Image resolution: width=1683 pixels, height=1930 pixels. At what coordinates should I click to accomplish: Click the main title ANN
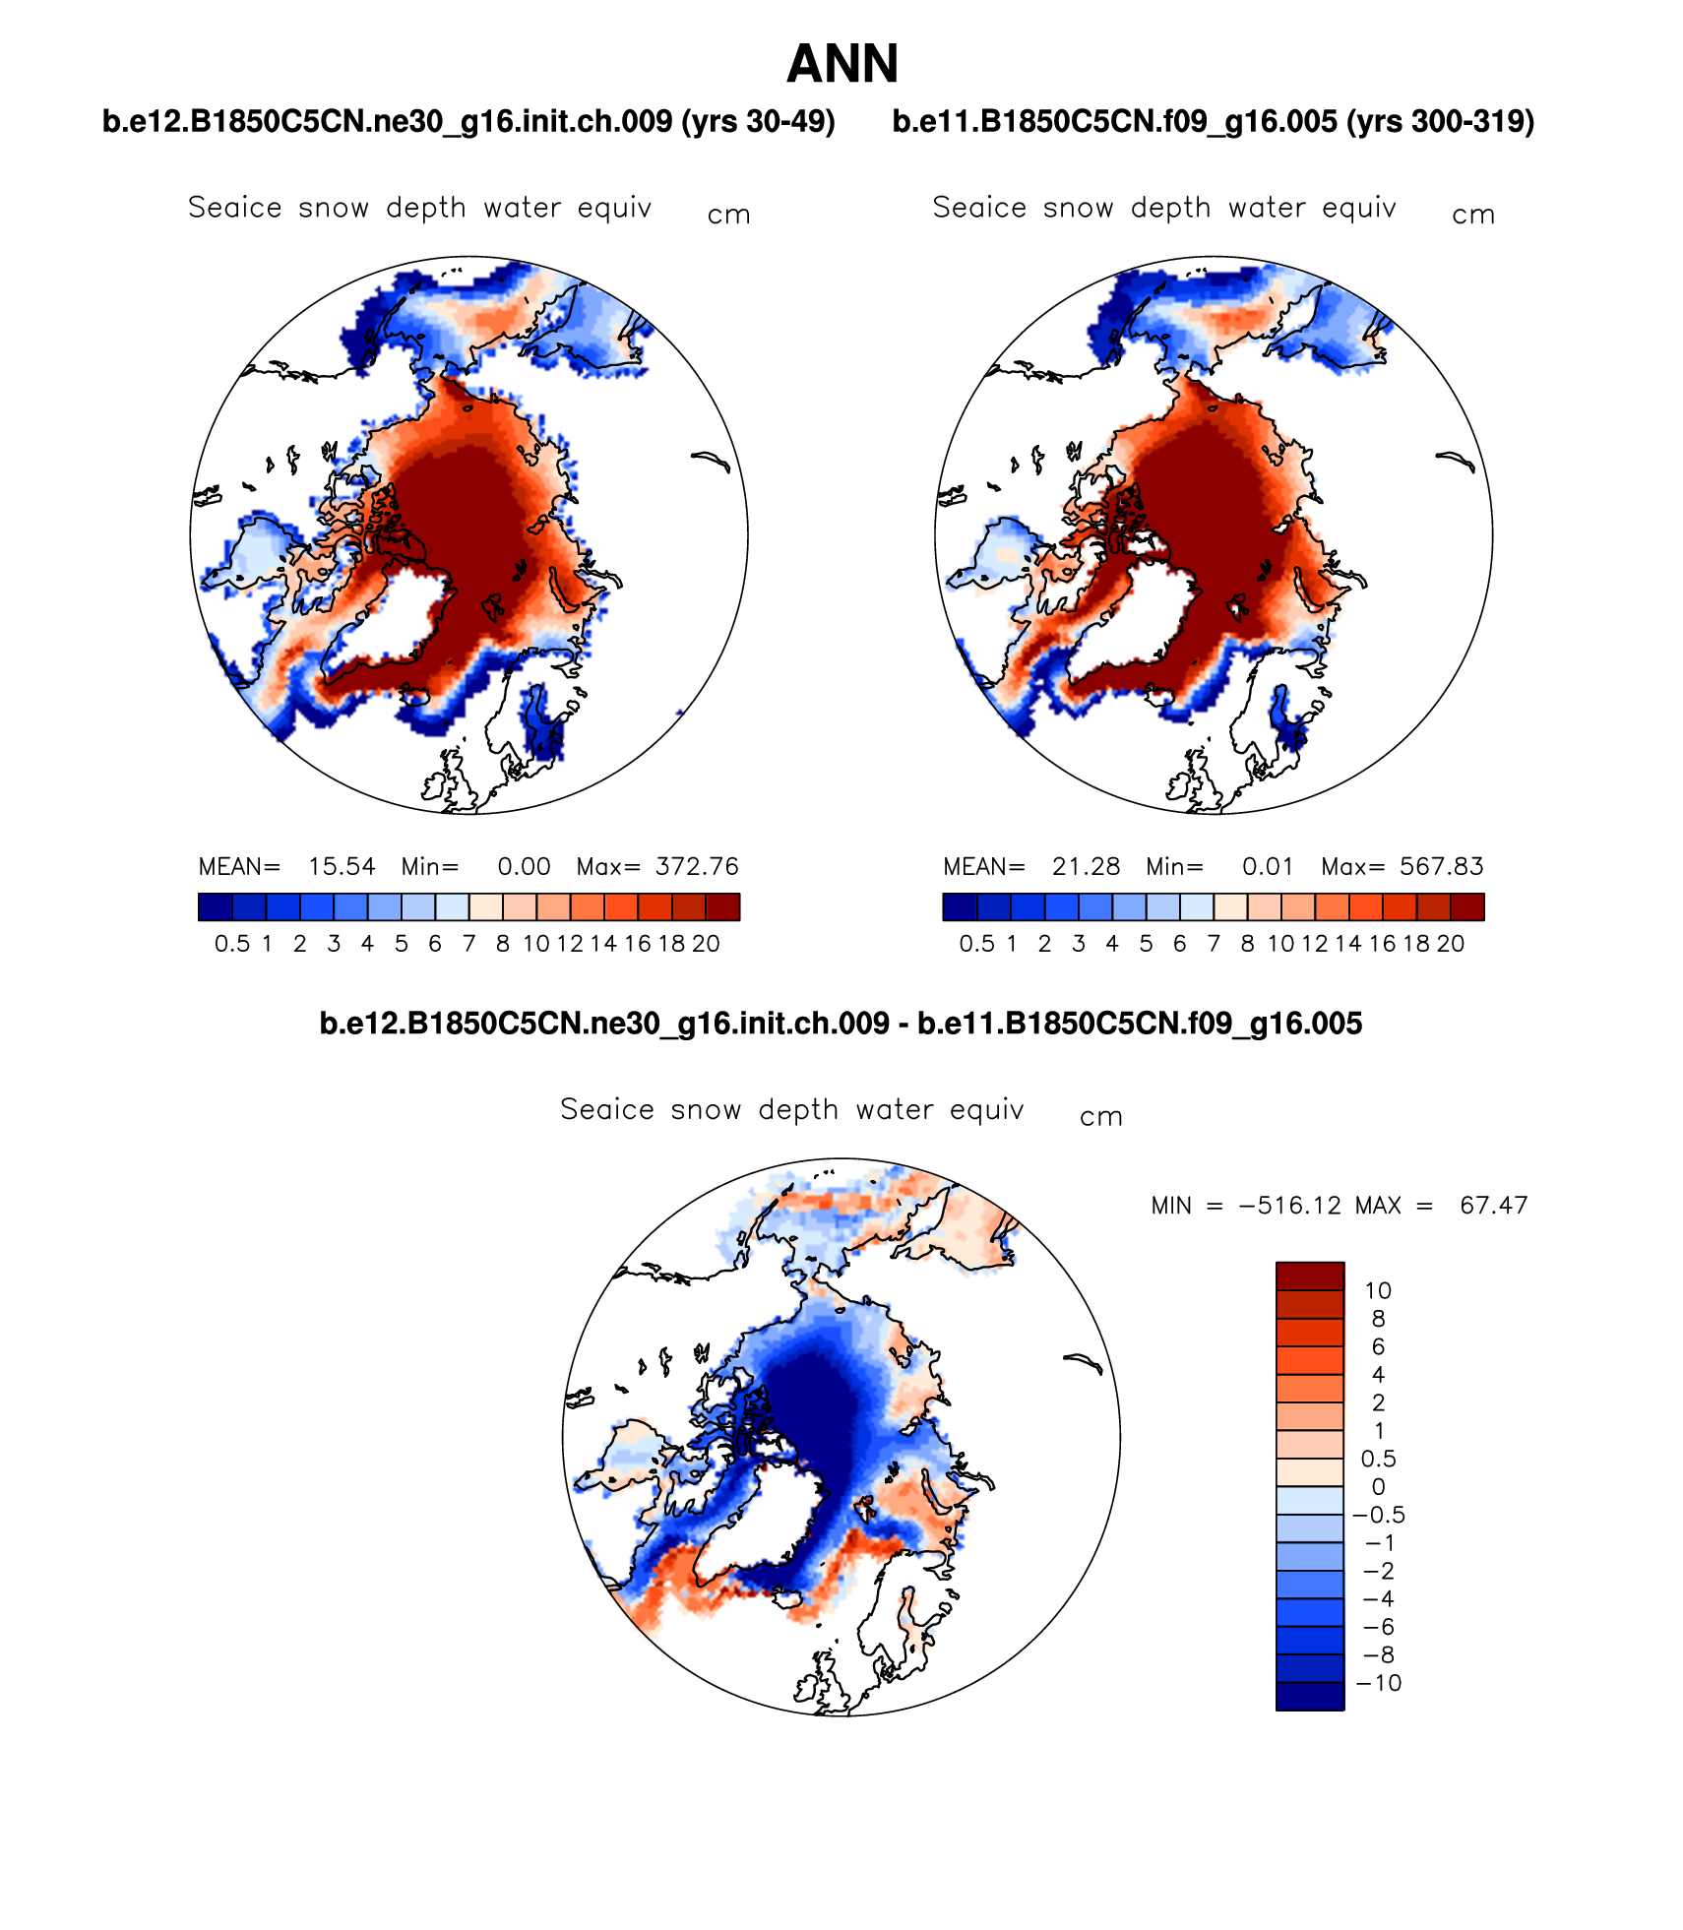tap(842, 65)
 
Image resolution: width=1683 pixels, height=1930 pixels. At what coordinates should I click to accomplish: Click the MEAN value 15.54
tap(342, 866)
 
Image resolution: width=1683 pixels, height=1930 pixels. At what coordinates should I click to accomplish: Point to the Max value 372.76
tap(697, 866)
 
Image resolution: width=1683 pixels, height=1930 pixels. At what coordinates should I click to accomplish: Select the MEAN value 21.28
tap(1086, 866)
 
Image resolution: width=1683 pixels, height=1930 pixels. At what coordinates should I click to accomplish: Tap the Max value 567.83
tap(1441, 866)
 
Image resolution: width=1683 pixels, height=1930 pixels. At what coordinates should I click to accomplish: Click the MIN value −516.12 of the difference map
tap(1289, 1206)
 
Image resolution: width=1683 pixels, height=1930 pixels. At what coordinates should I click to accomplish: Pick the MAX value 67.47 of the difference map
tap(1493, 1206)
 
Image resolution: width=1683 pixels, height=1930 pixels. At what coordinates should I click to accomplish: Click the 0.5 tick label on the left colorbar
tap(231, 944)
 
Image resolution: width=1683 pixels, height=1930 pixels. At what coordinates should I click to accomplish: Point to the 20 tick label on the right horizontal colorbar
tap(1451, 944)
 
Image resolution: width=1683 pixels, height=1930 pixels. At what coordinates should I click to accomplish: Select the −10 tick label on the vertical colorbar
tap(1379, 1683)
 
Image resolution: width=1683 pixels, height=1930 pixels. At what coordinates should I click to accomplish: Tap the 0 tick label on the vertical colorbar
tap(1378, 1487)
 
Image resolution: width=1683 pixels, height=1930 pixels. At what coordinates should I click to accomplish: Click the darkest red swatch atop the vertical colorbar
tap(1310, 1276)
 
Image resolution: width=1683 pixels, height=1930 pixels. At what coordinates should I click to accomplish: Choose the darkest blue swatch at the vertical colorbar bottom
tap(1310, 1697)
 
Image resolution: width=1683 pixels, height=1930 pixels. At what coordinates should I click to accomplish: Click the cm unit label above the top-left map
tap(729, 216)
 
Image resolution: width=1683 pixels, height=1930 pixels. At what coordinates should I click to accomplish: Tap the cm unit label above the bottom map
tap(1101, 1117)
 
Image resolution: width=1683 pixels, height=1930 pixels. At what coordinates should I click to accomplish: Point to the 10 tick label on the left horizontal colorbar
tap(535, 944)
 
